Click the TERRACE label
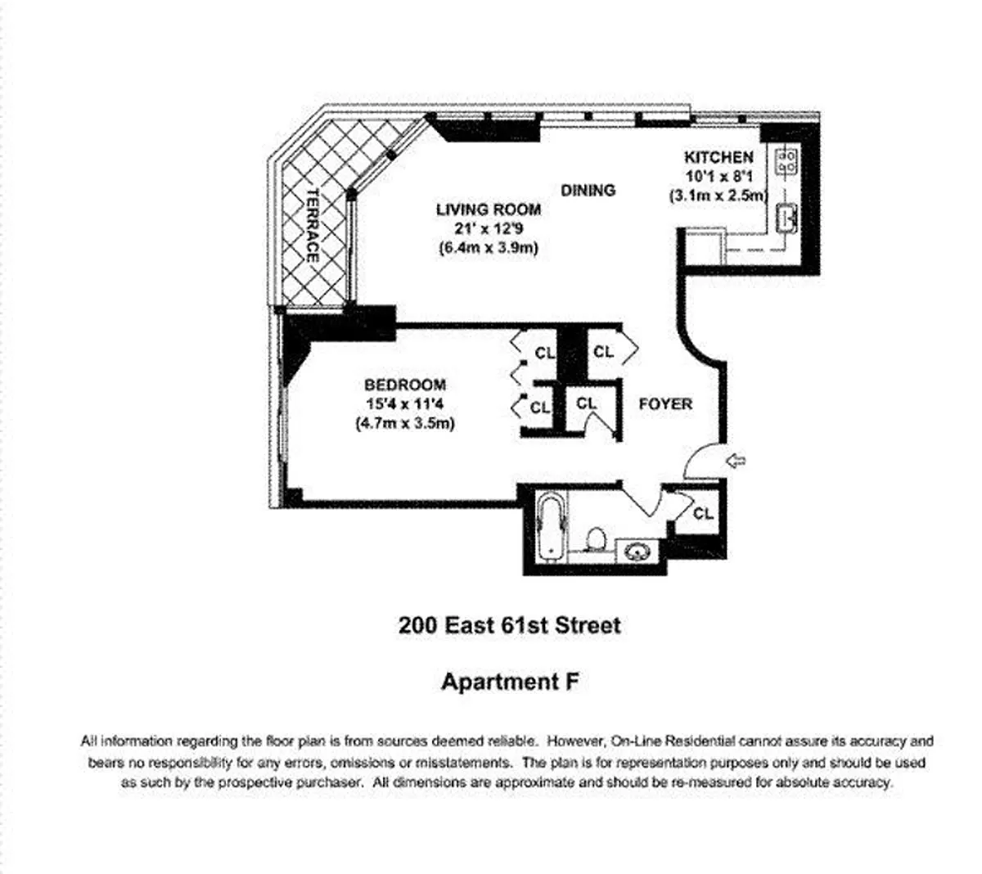313,225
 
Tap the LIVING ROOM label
489,209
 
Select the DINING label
588,190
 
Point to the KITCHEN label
718,157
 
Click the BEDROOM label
405,385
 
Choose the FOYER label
665,403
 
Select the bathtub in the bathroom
552,526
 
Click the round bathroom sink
637,552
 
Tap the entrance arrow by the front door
736,461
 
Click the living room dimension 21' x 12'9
489,228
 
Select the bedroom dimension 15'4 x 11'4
405,403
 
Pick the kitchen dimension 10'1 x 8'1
718,176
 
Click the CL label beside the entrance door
703,513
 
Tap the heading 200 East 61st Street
510,625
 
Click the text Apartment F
510,682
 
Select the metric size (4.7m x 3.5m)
405,423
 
